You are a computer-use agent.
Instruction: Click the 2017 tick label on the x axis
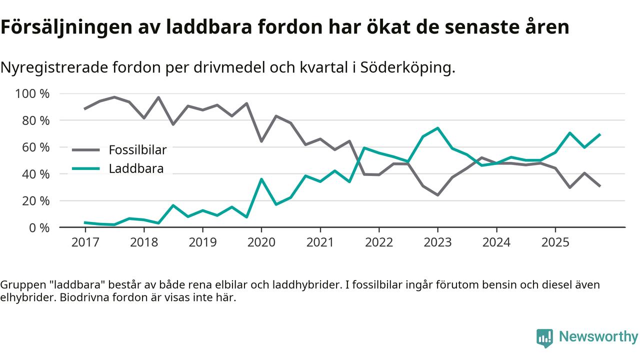[85, 242]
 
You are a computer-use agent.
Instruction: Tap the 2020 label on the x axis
[261, 242]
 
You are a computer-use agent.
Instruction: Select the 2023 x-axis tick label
[437, 242]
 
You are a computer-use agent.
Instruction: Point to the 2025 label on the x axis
[555, 242]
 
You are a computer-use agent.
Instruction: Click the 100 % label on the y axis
[33, 94]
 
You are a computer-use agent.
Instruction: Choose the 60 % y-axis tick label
[36, 147]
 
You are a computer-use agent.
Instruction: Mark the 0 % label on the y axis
[40, 227]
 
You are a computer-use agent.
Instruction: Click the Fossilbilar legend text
[137, 149]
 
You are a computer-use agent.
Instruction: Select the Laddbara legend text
[136, 168]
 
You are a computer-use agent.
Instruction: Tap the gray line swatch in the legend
[86, 149]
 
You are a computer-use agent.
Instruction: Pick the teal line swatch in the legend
[86, 168]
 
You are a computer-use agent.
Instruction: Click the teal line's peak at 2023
[437, 128]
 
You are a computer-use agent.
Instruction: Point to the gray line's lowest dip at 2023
[437, 195]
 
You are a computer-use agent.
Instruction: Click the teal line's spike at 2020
[261, 179]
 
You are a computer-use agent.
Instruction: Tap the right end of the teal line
[599, 134]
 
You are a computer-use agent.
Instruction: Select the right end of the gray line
[599, 186]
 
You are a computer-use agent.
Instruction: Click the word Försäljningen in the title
[62, 27]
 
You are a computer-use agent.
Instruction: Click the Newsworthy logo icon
[544, 337]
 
